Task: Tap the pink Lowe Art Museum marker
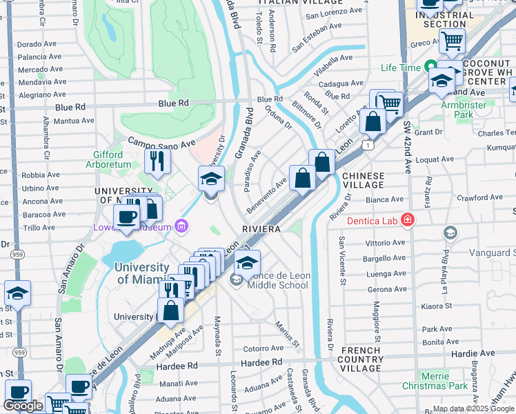coord(181,225)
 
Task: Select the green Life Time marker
coord(431,68)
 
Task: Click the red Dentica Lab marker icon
coord(408,220)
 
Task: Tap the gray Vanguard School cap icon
coord(450,233)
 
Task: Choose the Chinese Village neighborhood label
coord(363,181)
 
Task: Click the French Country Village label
coord(361,359)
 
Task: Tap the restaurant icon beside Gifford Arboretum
coord(158,161)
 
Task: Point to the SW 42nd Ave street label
coord(406,144)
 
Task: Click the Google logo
coord(23,406)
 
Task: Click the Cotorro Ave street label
coord(263,348)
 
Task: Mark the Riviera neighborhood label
coord(259,228)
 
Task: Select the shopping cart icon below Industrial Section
coord(452,41)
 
